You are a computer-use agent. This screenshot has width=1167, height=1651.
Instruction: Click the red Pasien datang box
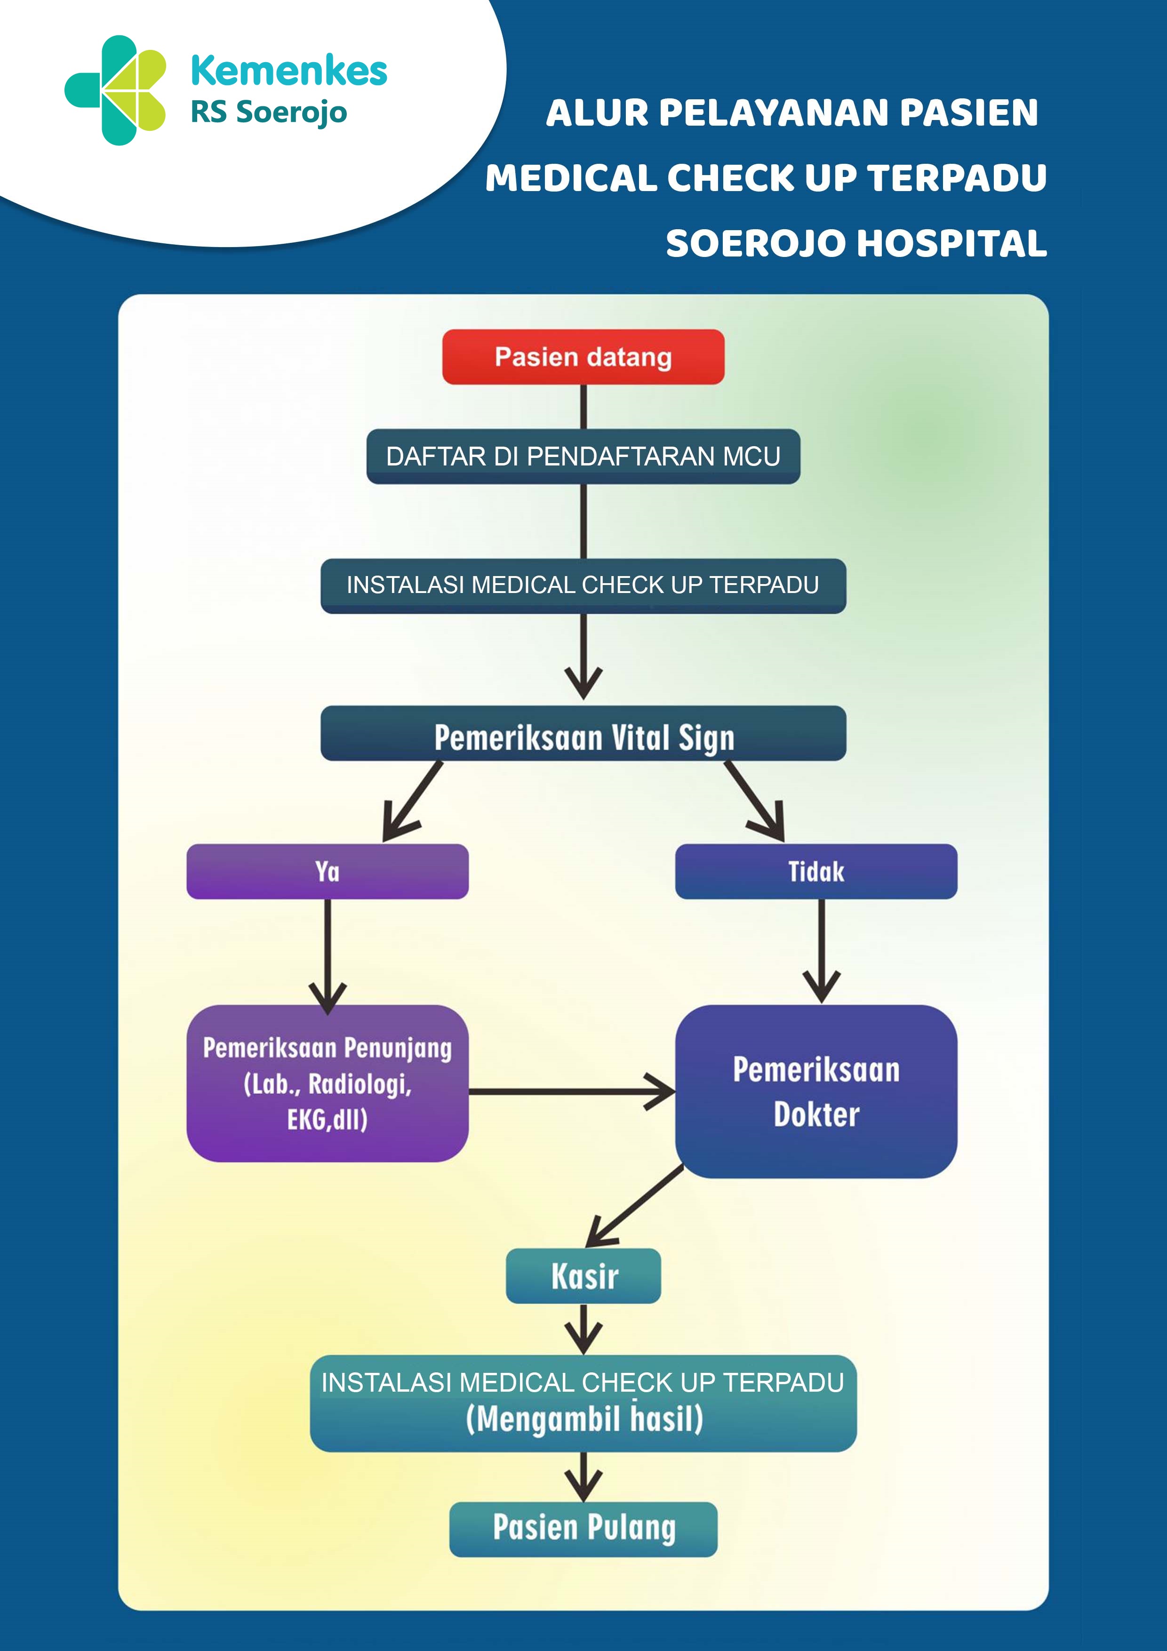tap(583, 357)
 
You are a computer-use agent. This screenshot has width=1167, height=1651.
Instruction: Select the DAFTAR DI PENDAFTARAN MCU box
tap(583, 457)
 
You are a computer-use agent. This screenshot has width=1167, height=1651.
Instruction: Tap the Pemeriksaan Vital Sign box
tap(583, 733)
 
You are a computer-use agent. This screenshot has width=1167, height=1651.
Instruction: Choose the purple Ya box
tap(327, 872)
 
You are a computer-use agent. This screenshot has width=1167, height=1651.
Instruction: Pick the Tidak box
tap(816, 872)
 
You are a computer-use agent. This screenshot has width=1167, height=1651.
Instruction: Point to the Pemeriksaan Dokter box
tap(816, 1091)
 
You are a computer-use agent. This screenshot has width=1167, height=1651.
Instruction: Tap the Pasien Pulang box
tap(583, 1529)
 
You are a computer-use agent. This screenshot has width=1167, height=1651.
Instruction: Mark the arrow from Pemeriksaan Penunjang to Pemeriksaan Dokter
tap(572, 1091)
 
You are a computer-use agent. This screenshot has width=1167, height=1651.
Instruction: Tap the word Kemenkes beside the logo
tap(289, 71)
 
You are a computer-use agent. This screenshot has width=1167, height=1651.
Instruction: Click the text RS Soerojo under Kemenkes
tap(269, 112)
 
